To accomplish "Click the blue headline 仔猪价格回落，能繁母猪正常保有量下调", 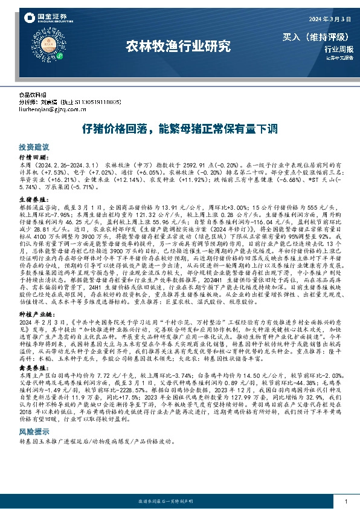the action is pyautogui.click(x=179, y=129).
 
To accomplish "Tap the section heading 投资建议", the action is pyautogui.click(x=33, y=147).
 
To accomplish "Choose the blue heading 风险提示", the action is pyautogui.click(x=33, y=416).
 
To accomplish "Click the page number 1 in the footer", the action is pyautogui.click(x=345, y=502).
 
